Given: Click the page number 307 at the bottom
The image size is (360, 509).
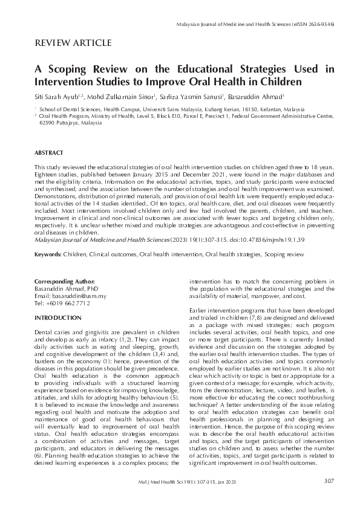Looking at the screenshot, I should (x=329, y=481).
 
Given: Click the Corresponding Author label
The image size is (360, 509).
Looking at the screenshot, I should (x=65, y=282).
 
